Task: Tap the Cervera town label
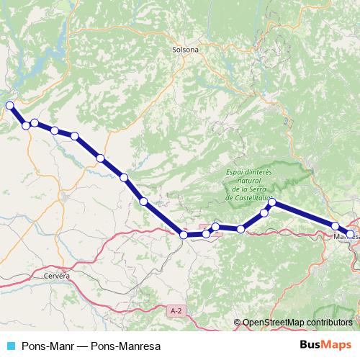tap(57, 276)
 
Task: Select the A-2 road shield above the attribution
tap(175, 310)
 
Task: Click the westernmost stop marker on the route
tap(10, 106)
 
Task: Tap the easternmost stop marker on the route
tap(351, 234)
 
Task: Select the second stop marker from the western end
tap(27, 125)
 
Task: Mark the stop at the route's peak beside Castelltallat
tap(272, 203)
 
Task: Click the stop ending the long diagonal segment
tap(184, 235)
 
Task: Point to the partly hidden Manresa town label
tap(341, 235)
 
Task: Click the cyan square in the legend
tap(10, 346)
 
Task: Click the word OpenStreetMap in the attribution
tap(277, 322)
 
